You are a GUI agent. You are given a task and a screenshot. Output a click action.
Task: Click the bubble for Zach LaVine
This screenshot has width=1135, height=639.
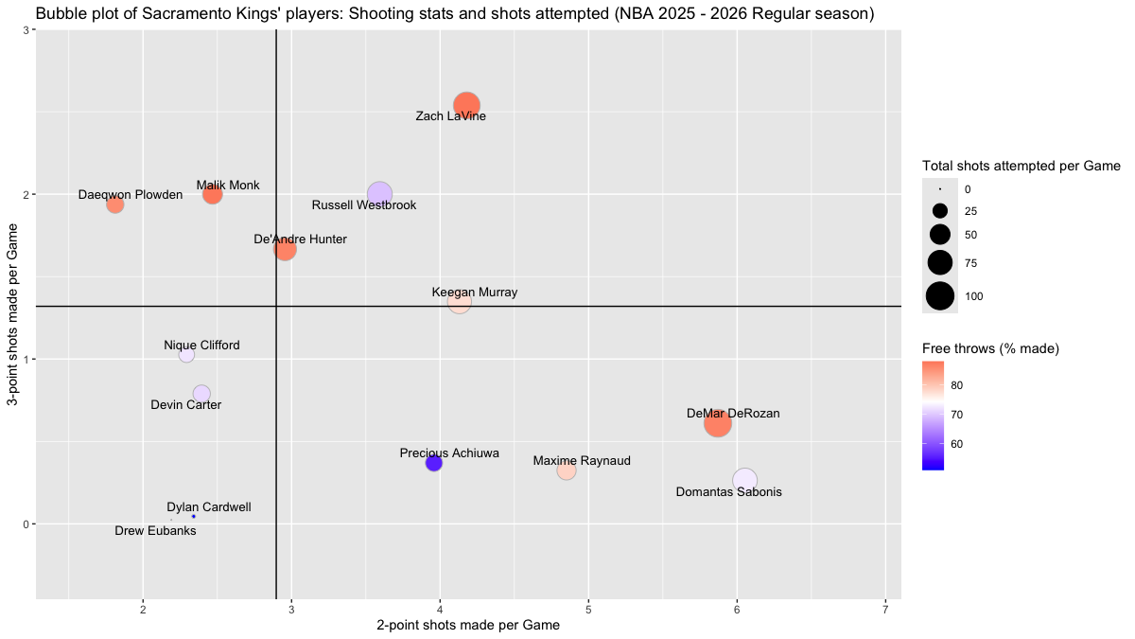(x=466, y=105)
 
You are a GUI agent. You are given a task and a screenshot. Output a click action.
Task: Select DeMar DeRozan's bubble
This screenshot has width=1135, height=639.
(x=718, y=423)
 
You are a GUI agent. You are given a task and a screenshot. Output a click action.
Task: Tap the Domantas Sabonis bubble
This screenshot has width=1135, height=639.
(x=744, y=481)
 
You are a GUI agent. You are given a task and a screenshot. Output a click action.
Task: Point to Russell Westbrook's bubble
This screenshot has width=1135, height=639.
(x=379, y=194)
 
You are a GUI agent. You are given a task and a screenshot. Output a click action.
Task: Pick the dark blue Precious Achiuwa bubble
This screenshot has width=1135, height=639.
(x=434, y=463)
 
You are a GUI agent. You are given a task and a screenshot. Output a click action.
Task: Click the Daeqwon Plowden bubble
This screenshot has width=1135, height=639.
(x=115, y=204)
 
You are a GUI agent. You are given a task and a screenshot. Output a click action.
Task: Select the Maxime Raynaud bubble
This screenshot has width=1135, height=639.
(x=567, y=470)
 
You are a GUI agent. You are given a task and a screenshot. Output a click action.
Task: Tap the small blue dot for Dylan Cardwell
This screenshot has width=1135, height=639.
(x=194, y=516)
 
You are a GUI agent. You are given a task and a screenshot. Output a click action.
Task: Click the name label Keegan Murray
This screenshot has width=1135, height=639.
(x=475, y=293)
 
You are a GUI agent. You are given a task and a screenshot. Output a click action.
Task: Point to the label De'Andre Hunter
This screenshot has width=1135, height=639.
(x=301, y=240)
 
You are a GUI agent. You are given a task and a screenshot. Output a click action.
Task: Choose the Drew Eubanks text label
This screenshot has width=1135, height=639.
(x=156, y=531)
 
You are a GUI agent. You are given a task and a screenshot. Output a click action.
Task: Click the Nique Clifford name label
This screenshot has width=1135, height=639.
(x=201, y=346)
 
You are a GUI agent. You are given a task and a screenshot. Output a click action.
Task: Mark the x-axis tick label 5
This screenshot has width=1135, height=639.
(x=588, y=607)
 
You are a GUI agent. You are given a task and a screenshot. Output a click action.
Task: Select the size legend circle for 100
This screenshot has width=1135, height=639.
(x=940, y=296)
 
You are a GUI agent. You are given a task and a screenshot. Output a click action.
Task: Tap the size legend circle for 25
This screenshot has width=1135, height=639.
(x=940, y=211)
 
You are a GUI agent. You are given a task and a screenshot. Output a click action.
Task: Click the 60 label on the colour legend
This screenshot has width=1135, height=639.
(x=957, y=444)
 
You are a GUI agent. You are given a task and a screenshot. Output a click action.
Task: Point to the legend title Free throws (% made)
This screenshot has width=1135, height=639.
(x=990, y=349)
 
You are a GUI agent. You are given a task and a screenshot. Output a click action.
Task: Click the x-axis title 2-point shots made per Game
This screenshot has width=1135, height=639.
(x=468, y=626)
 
